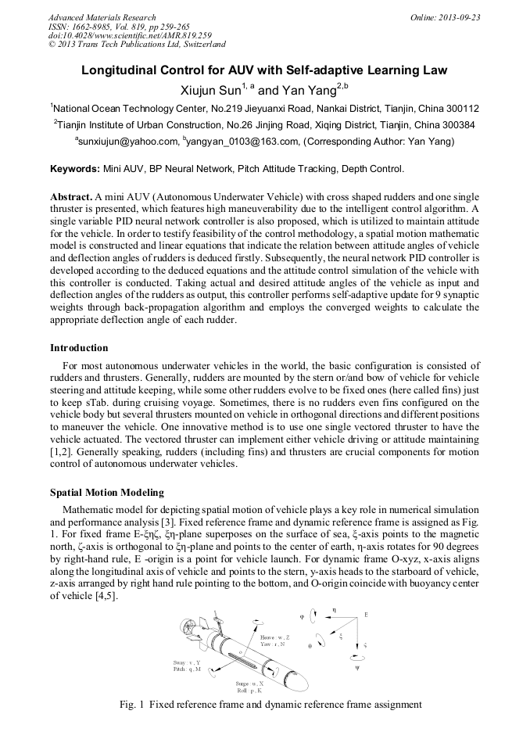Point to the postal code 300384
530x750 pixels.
click(453, 125)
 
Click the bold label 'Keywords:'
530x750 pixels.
click(75, 169)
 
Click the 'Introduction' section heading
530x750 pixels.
click(79, 348)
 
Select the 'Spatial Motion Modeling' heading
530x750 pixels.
click(107, 493)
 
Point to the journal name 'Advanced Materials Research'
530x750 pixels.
click(102, 17)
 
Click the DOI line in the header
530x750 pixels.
click(130, 35)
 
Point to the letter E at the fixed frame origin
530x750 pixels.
click(366, 615)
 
